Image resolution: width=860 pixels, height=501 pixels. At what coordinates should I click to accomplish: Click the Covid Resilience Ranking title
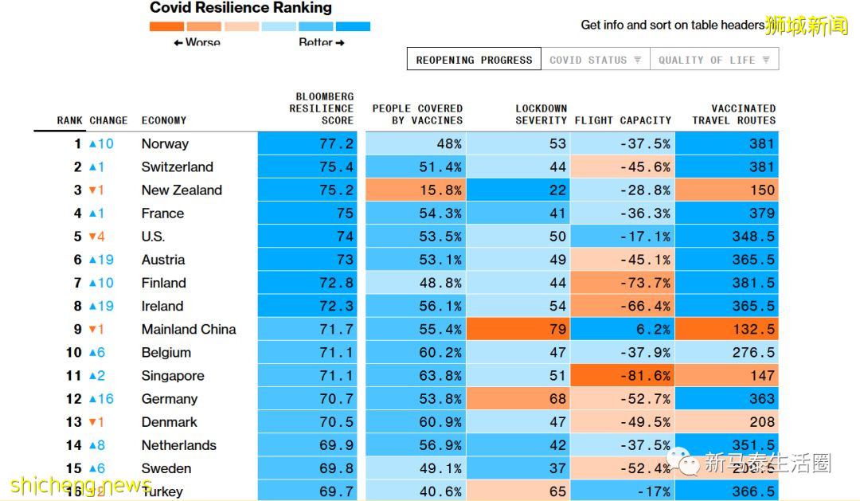click(x=241, y=9)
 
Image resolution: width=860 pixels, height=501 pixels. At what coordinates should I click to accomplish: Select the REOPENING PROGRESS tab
click(x=474, y=60)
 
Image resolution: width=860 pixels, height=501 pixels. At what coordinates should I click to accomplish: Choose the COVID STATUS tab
click(x=595, y=60)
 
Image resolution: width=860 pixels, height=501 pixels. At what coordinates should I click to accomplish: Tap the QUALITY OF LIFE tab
click(x=713, y=60)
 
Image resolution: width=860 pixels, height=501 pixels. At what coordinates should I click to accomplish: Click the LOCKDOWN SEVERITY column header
click(x=541, y=114)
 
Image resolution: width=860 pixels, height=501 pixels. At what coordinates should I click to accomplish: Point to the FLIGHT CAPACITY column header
click(x=623, y=120)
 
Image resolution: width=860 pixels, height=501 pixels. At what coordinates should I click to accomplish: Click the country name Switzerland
click(x=178, y=167)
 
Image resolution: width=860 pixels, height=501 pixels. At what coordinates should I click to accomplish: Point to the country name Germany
click(x=169, y=399)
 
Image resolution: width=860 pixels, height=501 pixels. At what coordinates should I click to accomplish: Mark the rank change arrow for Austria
click(x=93, y=260)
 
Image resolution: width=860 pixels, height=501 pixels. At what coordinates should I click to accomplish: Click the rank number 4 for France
click(x=78, y=213)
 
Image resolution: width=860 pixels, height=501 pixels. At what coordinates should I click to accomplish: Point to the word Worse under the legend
click(x=202, y=43)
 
